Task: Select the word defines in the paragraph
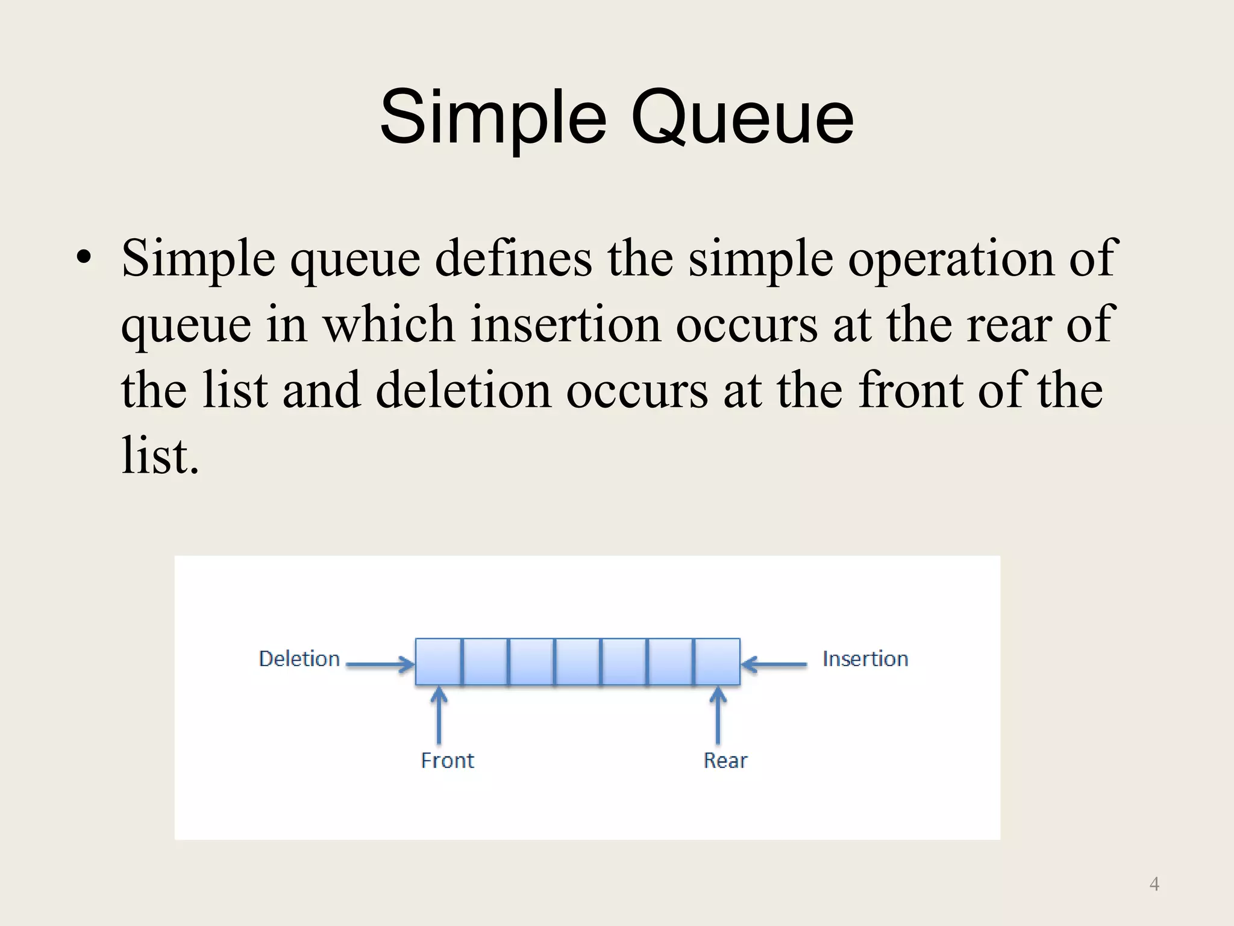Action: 513,258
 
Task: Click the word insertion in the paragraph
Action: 565,324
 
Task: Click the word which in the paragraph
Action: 389,324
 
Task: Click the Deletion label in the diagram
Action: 299,659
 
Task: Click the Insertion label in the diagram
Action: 865,659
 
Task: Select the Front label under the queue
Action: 447,760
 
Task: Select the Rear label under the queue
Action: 725,760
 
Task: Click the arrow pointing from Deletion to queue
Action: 380,665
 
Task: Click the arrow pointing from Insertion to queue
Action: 774,665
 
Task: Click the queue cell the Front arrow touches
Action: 439,662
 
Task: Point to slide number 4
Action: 1154,884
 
